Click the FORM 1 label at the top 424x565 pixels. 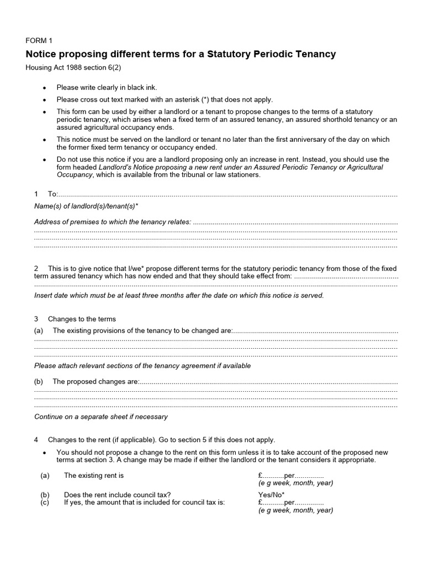pos(39,41)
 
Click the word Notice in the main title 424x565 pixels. pos(44,54)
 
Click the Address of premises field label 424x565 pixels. pos(113,222)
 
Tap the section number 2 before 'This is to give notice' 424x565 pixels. pos(36,269)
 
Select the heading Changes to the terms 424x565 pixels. pos(82,319)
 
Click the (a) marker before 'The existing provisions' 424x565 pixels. pos(39,331)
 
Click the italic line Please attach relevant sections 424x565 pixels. pos(142,366)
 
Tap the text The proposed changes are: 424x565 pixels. pos(96,381)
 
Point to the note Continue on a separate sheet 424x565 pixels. pos(101,417)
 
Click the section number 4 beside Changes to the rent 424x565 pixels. pos(36,440)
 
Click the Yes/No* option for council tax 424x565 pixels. pos(271,495)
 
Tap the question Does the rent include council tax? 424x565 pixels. pos(118,495)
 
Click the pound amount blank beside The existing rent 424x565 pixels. pos(271,475)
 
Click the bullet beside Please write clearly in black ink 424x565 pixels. pos(45,88)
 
